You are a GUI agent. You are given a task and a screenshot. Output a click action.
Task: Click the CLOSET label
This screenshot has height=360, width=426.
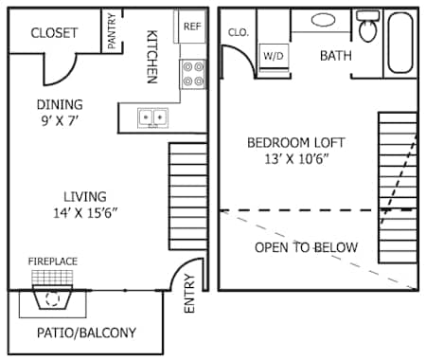click(54, 33)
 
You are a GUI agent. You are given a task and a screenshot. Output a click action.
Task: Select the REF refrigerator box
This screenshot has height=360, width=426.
click(191, 27)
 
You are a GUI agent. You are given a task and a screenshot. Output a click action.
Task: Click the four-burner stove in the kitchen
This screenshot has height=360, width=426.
click(193, 74)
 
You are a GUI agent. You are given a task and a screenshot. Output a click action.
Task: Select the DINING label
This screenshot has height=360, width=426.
click(60, 104)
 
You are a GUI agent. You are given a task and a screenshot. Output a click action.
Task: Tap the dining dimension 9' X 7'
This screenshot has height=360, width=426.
click(60, 120)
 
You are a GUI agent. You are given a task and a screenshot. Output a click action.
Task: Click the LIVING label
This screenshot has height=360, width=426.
click(78, 196)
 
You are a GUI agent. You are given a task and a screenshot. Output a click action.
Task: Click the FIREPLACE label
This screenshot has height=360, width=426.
click(53, 261)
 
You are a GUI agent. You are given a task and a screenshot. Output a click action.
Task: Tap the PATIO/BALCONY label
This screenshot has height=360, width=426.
click(86, 333)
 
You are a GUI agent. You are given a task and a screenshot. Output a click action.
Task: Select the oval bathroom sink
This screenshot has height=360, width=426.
click(323, 19)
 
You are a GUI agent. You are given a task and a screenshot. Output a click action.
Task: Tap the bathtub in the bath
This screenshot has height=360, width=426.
click(401, 43)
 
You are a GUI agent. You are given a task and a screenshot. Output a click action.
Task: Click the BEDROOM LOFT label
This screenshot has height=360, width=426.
click(296, 143)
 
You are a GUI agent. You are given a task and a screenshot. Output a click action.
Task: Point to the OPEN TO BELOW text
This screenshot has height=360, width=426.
click(306, 248)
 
